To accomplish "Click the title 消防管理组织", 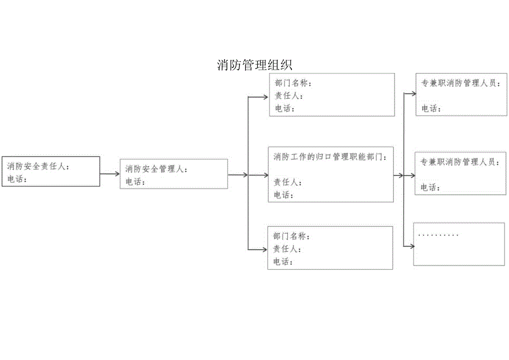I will tap(254, 65).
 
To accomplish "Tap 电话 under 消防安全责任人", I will tap(16, 179).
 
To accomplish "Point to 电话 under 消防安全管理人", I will tap(134, 182).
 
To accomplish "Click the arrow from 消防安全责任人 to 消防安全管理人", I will tap(110, 174).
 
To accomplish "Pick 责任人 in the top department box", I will tap(288, 96).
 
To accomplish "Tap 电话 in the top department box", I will tap(284, 108).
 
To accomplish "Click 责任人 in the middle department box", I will tap(288, 182).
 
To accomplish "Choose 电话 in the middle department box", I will tap(284, 195).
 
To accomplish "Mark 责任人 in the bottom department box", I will tap(287, 249).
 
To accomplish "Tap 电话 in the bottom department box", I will tap(283, 262).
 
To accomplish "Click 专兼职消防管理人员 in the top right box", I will tap(460, 84).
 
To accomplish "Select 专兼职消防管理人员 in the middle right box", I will tap(459, 162).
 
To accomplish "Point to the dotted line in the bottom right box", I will tap(439, 235).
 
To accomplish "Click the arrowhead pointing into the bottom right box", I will tap(411, 245).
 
